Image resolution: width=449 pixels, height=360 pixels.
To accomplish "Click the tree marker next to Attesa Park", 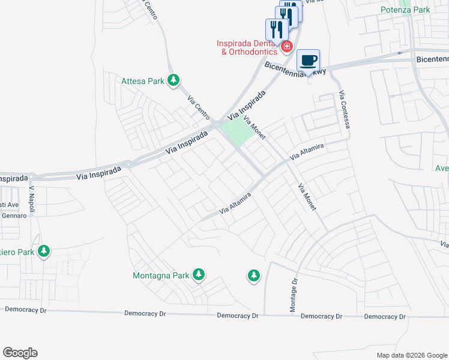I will (173, 80).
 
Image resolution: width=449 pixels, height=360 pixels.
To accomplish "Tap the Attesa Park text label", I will (143, 80).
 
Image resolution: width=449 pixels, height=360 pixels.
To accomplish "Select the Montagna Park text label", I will (160, 276).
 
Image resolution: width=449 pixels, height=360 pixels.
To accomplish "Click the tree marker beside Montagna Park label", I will (199, 275).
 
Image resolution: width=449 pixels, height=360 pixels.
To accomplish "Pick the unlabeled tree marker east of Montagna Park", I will (253, 275).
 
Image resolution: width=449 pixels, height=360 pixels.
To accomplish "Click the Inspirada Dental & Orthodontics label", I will (246, 47).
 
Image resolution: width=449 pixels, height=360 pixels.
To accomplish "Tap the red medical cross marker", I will (287, 46).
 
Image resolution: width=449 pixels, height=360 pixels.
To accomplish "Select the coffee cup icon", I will (308, 61).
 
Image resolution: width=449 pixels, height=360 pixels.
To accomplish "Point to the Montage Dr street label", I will (294, 295).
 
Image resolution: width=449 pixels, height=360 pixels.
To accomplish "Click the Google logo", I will (20, 353).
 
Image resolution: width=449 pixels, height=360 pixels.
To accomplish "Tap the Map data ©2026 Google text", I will (411, 355).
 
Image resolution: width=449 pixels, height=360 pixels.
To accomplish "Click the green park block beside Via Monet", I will (235, 130).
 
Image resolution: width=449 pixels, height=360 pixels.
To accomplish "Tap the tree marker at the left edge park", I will (43, 251).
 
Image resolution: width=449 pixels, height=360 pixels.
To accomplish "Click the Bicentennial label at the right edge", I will (432, 59).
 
